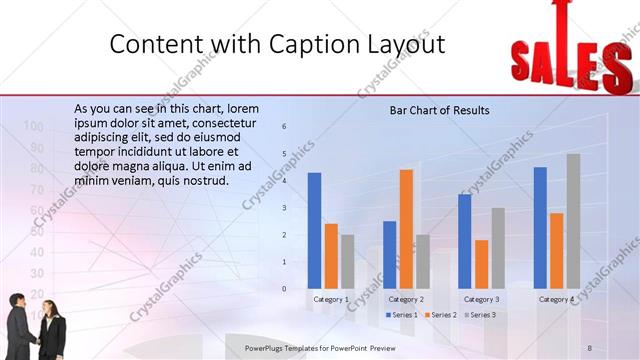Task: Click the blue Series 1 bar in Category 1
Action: (x=314, y=230)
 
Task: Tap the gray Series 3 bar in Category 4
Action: (x=573, y=221)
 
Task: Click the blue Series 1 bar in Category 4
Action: (x=540, y=227)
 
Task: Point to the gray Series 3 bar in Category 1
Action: (x=347, y=261)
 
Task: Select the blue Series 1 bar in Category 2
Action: (x=389, y=254)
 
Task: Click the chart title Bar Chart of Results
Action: (x=439, y=110)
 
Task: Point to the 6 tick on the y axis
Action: (x=284, y=126)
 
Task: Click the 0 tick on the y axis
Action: (x=284, y=289)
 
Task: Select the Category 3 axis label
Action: (x=481, y=299)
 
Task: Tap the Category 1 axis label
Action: (x=331, y=299)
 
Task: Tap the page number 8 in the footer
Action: (x=589, y=347)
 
